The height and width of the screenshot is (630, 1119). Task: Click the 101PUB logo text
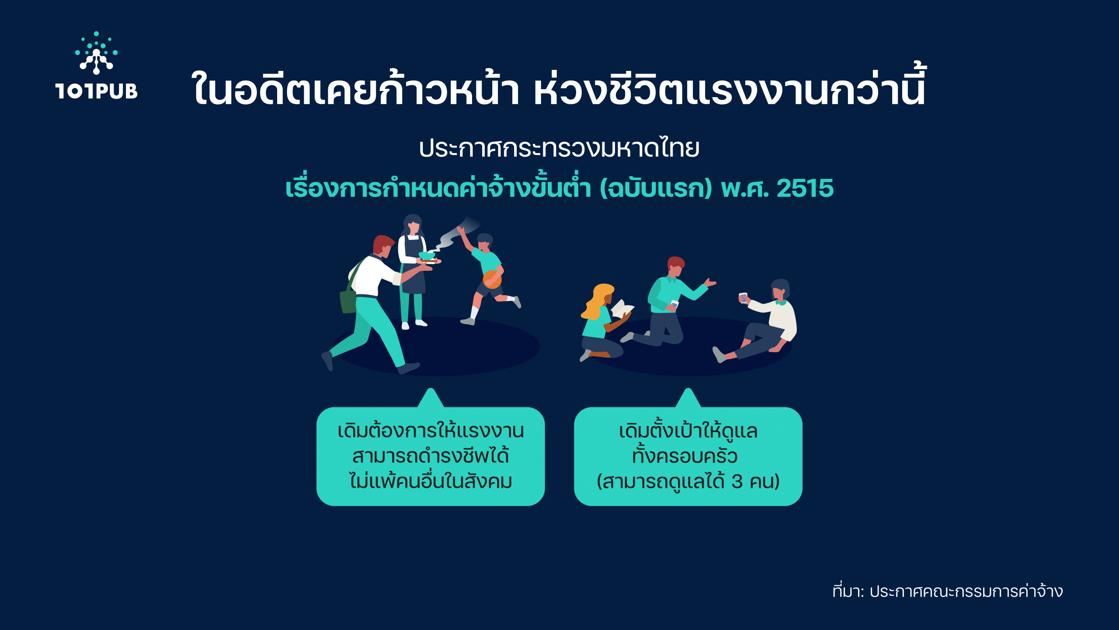click(x=97, y=91)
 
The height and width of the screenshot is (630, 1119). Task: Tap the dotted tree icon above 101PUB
click(x=97, y=52)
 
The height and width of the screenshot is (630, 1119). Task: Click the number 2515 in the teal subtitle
click(x=805, y=189)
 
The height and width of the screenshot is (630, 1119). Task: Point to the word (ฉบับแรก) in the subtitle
click(x=656, y=189)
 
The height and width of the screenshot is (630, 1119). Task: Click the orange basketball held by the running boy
click(x=492, y=279)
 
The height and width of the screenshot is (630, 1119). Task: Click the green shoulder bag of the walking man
click(x=348, y=302)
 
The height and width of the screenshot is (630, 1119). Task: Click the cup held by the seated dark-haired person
click(x=743, y=297)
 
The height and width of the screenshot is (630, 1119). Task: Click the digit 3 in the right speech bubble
click(x=737, y=482)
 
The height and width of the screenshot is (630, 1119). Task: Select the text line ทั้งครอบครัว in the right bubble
click(x=685, y=455)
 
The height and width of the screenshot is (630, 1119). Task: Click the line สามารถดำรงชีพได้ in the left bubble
click(x=431, y=456)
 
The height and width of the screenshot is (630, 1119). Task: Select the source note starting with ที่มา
click(x=948, y=591)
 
